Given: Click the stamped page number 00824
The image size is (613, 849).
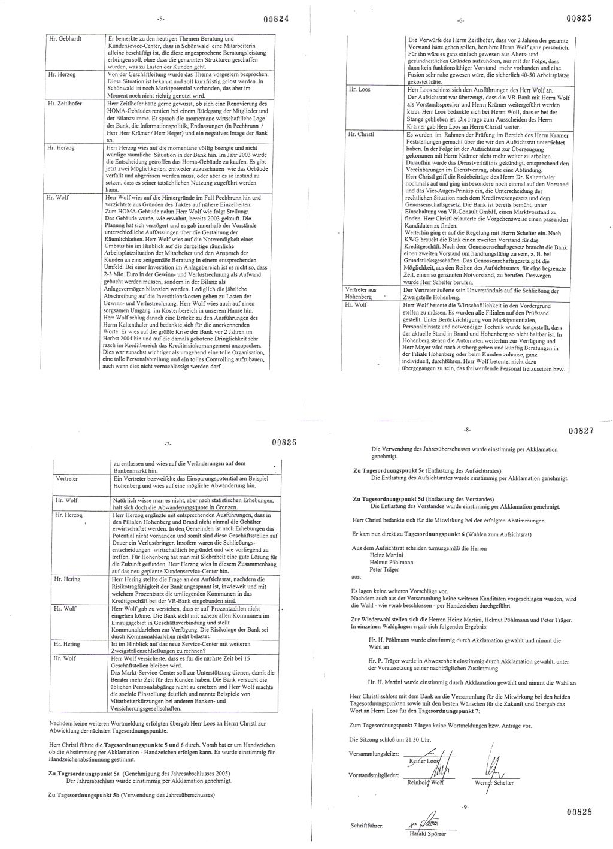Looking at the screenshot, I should click(275, 19).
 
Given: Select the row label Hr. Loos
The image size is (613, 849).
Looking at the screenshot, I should click(359, 89).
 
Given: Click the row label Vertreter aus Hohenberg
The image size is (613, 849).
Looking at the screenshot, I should click(361, 292).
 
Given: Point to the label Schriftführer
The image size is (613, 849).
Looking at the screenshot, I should click(366, 826).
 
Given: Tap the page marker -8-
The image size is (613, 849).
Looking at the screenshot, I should click(467, 430).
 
